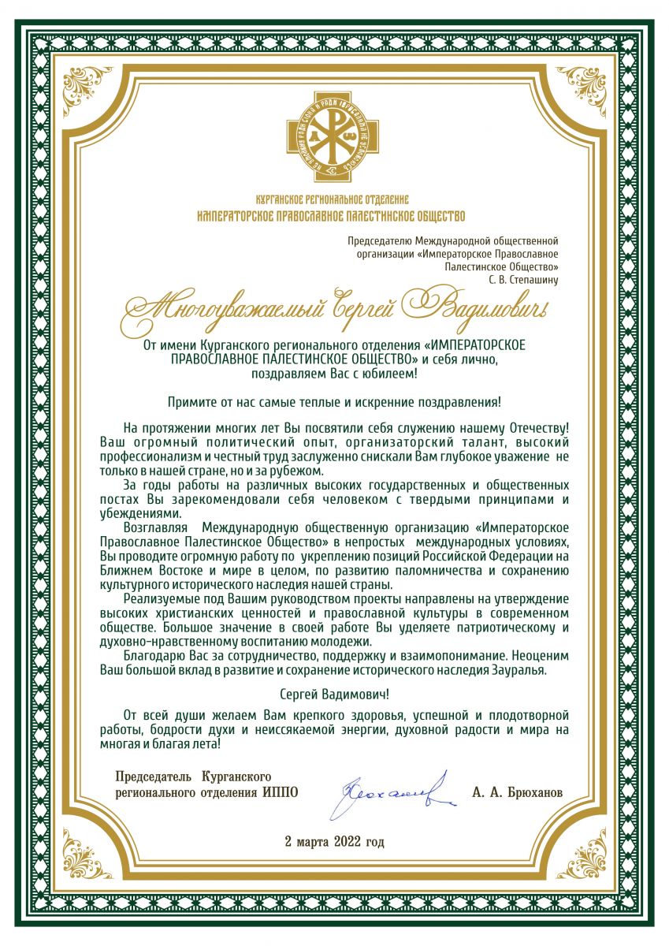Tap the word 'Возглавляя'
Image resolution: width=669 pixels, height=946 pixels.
154,526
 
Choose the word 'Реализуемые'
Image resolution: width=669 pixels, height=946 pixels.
160,600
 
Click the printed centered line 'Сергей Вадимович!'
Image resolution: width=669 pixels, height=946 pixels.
334,695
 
